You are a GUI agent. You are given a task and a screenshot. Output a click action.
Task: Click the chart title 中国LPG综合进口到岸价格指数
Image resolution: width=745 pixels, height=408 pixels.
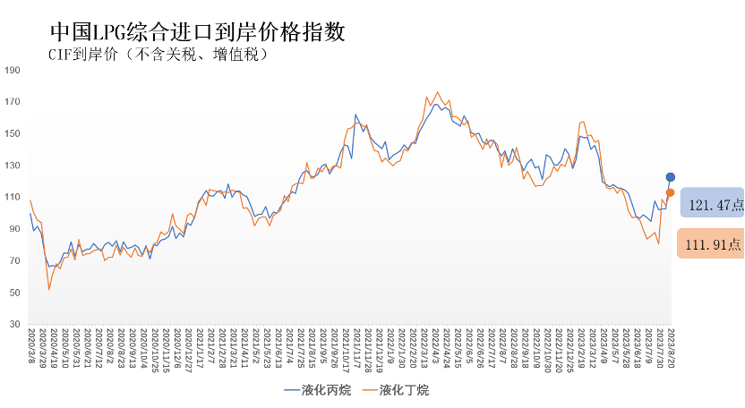coord(197,32)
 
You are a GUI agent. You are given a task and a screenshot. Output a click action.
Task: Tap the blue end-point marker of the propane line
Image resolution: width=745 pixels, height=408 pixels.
coord(670,177)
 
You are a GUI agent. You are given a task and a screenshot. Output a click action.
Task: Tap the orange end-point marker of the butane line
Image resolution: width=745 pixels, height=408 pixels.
coord(670,193)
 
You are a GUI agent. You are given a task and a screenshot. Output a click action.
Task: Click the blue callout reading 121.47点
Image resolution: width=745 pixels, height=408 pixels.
coord(713,205)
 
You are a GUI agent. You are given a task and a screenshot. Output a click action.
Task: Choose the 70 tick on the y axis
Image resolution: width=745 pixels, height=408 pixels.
coord(13,260)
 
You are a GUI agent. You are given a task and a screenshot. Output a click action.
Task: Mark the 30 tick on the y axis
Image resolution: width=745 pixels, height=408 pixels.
coord(13,324)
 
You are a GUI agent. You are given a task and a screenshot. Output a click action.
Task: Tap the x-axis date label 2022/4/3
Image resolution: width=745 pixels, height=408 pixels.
coord(436,344)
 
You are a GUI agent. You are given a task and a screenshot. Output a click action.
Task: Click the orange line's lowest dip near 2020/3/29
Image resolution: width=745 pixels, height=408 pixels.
coord(48,289)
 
